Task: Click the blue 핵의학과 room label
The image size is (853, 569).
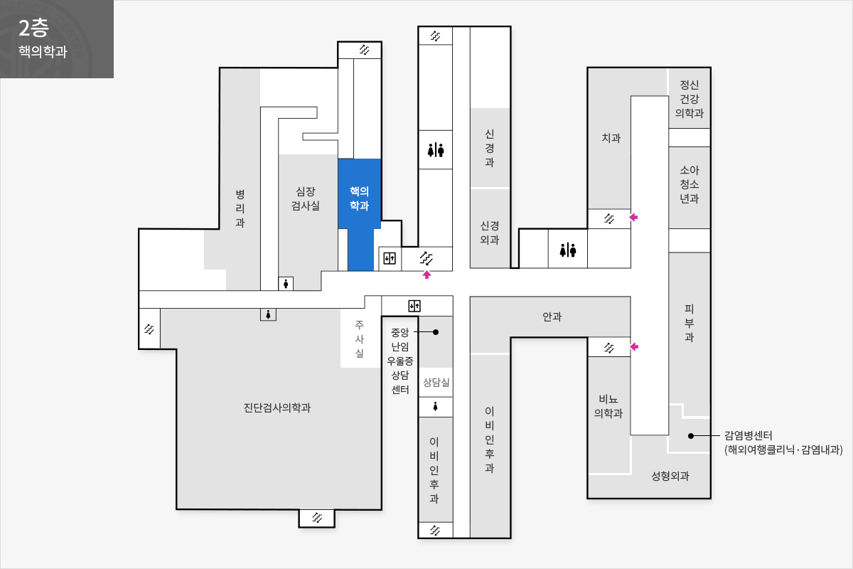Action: click(360, 198)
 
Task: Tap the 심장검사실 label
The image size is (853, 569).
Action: click(306, 198)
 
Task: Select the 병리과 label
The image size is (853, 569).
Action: click(240, 208)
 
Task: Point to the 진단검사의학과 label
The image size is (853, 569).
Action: click(277, 408)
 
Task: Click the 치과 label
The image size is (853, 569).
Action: click(611, 137)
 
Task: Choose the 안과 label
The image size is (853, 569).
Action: click(552, 317)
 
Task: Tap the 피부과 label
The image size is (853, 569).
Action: click(690, 323)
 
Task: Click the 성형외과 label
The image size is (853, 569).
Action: click(670, 476)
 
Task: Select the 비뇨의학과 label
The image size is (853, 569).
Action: click(608, 406)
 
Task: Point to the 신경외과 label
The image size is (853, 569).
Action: click(490, 233)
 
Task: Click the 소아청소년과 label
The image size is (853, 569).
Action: click(690, 184)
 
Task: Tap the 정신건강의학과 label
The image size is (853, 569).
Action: click(690, 99)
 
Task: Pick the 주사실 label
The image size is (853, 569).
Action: click(360, 339)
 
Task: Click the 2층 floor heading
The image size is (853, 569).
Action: click(33, 28)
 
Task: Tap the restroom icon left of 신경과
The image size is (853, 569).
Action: click(436, 150)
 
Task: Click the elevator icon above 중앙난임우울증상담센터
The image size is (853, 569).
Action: click(414, 306)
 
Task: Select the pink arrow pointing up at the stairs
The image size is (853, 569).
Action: click(426, 275)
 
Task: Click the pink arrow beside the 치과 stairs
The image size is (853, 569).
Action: click(633, 217)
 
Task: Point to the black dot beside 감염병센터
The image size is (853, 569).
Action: click(691, 435)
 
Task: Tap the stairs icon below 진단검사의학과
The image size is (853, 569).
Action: click(317, 518)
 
